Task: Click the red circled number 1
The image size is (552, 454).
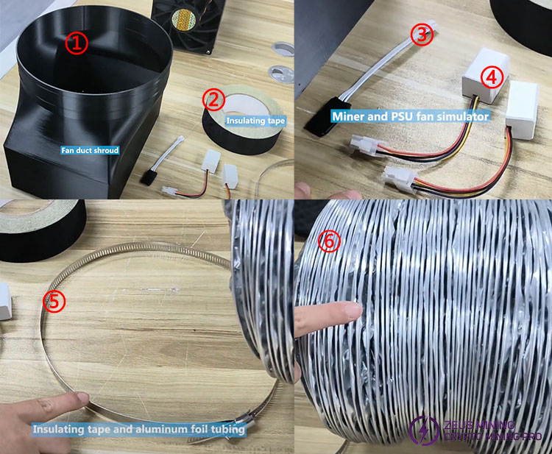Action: [77, 43]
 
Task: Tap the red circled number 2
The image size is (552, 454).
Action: [213, 99]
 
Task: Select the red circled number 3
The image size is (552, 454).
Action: [422, 34]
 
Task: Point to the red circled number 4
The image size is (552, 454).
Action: [492, 77]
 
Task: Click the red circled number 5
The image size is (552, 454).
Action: [54, 301]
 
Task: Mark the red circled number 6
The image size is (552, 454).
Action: [330, 241]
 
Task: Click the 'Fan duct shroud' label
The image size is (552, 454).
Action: [90, 150]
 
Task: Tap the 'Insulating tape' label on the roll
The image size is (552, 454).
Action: [255, 121]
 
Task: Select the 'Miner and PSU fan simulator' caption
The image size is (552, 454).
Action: [410, 116]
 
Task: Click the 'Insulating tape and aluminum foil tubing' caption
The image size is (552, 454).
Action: [138, 430]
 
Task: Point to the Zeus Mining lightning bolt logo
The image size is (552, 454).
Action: [424, 430]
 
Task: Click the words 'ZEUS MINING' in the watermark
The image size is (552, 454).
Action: [479, 425]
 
